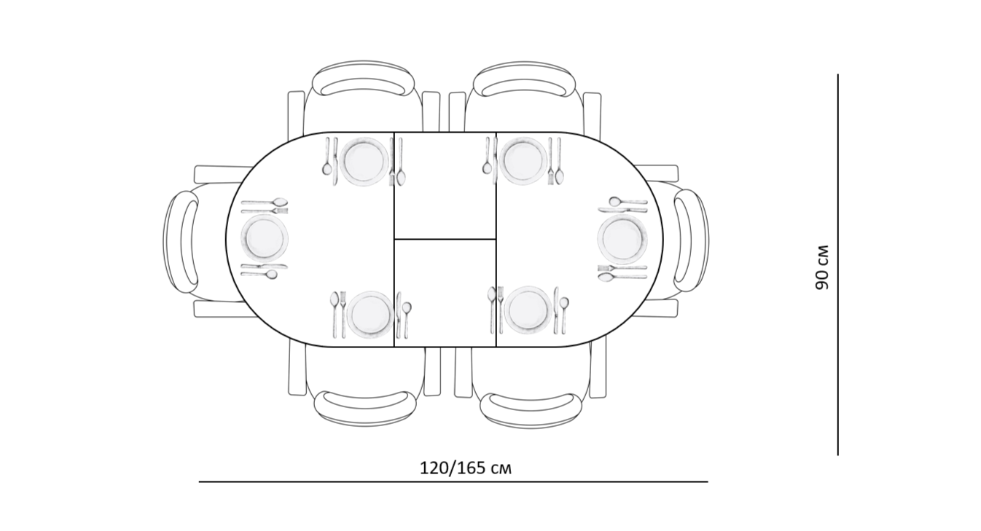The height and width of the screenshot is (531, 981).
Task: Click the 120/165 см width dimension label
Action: (x=466, y=468)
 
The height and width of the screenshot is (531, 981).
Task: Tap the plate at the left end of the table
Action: (x=264, y=239)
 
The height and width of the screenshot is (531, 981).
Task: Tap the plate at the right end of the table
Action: (x=622, y=239)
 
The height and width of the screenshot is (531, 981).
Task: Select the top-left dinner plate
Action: (x=364, y=161)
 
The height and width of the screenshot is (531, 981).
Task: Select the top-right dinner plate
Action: (x=523, y=161)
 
